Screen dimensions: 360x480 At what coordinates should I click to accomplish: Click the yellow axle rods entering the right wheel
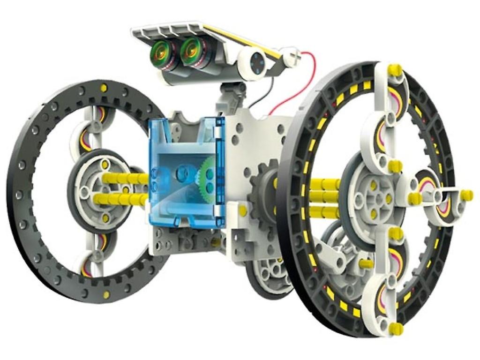coord(323,197)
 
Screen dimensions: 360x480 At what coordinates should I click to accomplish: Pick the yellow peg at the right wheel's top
coord(395,70)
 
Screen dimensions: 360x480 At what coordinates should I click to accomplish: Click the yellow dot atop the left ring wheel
coord(104,87)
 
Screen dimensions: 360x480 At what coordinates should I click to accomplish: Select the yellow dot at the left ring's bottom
coord(106,294)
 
